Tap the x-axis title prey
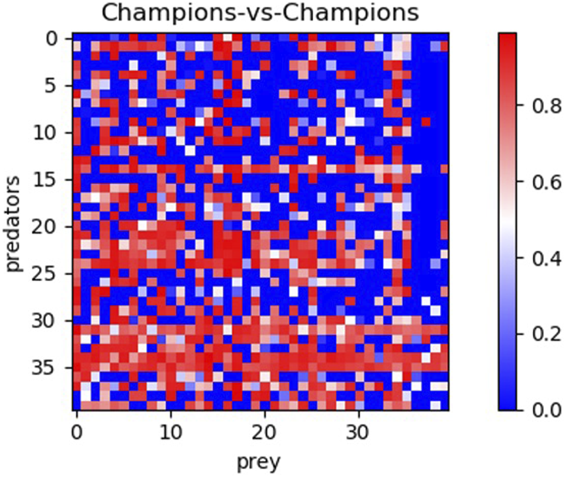259,462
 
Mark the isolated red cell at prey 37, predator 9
425,123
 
